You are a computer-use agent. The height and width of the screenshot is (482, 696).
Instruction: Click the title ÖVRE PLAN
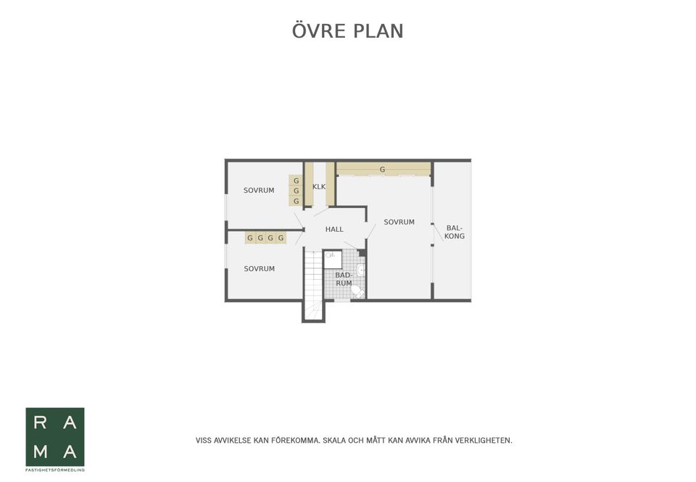(x=347, y=31)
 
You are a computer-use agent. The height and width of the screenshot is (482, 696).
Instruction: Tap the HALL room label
(x=334, y=229)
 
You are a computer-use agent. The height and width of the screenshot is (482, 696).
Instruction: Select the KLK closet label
(x=319, y=186)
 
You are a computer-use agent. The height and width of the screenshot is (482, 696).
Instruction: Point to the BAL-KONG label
(x=455, y=232)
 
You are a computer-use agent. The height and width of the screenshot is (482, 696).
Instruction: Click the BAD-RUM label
(x=344, y=279)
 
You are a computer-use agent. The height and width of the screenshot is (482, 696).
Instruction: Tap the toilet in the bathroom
(x=356, y=291)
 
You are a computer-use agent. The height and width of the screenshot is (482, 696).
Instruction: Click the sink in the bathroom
(x=360, y=270)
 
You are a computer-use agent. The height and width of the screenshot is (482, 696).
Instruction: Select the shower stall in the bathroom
(x=332, y=258)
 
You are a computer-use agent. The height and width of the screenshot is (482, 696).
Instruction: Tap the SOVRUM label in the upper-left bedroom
(x=259, y=191)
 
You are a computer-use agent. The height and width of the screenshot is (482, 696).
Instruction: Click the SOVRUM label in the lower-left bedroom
(x=259, y=269)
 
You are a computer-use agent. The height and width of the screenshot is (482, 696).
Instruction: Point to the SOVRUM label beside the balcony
(x=399, y=222)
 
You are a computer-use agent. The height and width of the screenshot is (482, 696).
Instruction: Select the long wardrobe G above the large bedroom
(x=383, y=170)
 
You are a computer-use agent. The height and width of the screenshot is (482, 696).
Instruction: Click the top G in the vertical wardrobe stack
(x=296, y=180)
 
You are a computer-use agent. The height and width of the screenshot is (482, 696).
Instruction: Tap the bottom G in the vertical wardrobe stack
(x=296, y=201)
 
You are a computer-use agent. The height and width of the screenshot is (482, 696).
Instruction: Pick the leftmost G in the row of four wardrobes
(x=250, y=238)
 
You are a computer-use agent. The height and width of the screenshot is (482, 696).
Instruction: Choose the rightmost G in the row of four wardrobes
(x=281, y=238)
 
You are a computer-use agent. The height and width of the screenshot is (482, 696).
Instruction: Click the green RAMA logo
(x=55, y=437)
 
